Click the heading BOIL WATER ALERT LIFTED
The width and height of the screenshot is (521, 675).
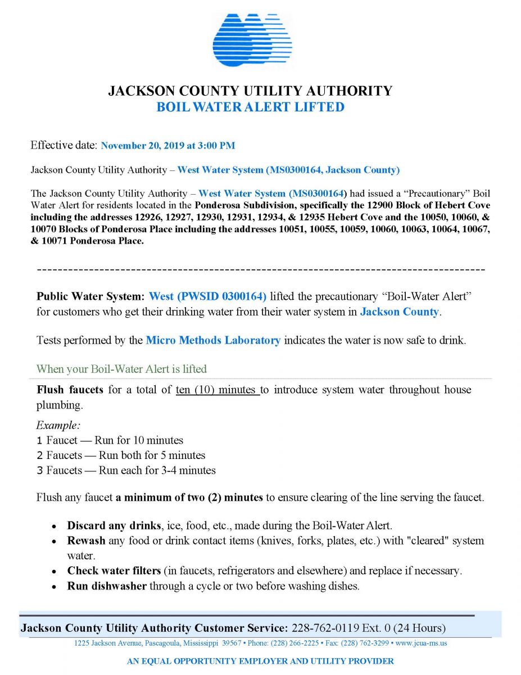(250, 107)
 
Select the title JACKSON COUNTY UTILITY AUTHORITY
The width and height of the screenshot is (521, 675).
(250, 91)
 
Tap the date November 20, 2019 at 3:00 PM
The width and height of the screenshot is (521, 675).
(167, 146)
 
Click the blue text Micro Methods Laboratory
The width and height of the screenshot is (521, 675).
(213, 340)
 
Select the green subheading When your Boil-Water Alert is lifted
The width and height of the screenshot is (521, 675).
(121, 369)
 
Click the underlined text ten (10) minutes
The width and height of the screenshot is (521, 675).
(217, 390)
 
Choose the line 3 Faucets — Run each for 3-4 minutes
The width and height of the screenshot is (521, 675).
(126, 470)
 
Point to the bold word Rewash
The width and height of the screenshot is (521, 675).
(86, 541)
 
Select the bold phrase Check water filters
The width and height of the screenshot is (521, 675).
(114, 570)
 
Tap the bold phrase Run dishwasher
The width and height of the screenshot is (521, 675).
(107, 586)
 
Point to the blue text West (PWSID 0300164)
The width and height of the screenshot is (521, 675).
(208, 296)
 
